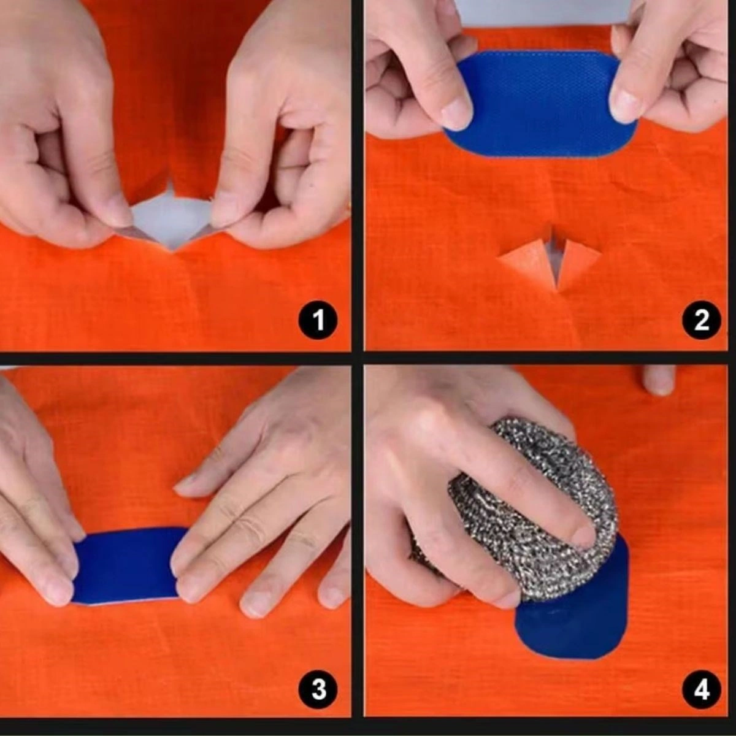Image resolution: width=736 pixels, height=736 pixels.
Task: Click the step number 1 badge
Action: coord(318,320)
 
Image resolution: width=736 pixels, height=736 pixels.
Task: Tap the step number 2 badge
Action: coord(702,320)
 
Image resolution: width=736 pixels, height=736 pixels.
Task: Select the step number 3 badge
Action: coord(318,689)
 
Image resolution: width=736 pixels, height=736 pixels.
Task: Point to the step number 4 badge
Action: coord(702,691)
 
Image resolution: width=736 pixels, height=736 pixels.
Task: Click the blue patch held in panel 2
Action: coord(540,104)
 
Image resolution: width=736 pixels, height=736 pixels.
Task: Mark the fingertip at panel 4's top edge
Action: coord(659,380)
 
